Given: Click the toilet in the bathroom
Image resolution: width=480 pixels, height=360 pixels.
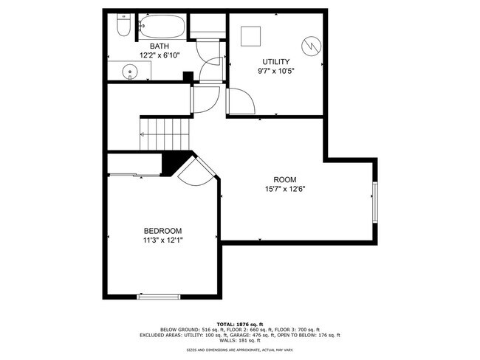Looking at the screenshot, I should click(123, 27).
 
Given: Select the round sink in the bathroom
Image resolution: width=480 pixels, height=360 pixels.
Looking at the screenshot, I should click(130, 72).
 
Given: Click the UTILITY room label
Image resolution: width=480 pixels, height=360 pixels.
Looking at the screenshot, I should click(276, 62).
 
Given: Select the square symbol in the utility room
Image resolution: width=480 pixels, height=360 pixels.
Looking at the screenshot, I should click(253, 35).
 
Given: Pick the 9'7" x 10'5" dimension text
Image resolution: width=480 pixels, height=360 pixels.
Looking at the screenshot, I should click(276, 72).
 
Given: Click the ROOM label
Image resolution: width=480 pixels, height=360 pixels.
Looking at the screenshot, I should click(284, 179).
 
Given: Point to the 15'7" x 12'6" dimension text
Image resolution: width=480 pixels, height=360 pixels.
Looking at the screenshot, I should click(284, 189).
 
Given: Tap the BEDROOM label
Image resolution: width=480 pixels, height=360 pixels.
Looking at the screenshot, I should click(162, 231).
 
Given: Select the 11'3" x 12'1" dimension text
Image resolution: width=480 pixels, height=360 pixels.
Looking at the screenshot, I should click(162, 240).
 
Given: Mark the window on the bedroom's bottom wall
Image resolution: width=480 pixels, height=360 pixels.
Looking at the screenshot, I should click(158, 297).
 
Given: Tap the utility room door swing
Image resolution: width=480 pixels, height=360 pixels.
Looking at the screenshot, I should click(240, 101).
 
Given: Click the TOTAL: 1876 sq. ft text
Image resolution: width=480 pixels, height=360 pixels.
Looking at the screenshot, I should click(239, 323).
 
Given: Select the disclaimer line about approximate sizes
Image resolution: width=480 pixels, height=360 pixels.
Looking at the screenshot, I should click(239, 350).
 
